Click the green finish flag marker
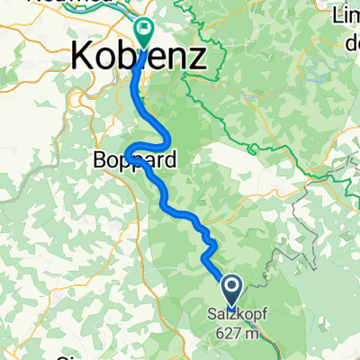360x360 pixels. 144,32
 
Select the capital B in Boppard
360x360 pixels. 98,163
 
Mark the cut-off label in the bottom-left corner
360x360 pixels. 65,357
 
